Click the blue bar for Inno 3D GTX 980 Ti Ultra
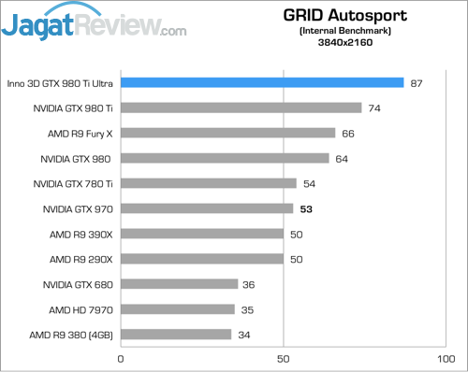coord(262,83)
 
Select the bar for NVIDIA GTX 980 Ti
coord(241,108)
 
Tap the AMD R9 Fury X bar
coord(227,134)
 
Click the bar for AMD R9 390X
coord(201,234)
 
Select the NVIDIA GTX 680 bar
coord(179,284)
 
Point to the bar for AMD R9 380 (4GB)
coord(176,335)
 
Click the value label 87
coord(417,83)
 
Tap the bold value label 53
coord(306,209)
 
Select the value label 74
coord(374,108)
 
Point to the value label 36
coord(250,284)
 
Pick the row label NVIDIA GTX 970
coord(74,209)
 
